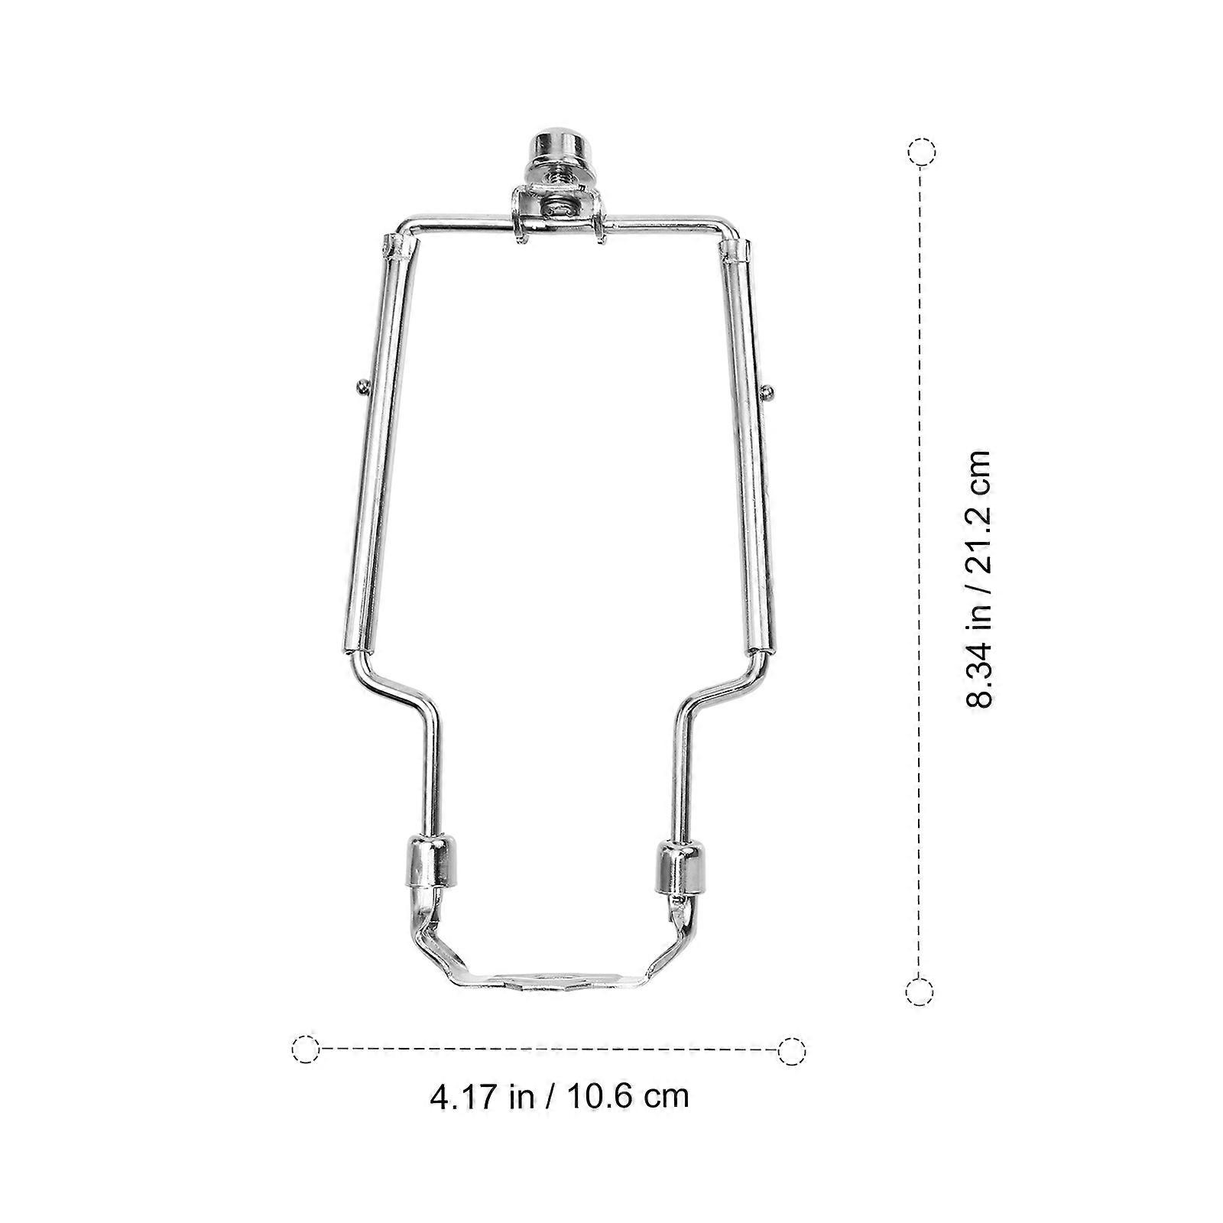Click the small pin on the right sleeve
pyautogui.click(x=768, y=391)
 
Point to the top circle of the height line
pyautogui.click(x=921, y=151)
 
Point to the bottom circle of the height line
pyautogui.click(x=920, y=991)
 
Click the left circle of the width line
pyautogui.click(x=305, y=1049)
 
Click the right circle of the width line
pyautogui.click(x=791, y=1050)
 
